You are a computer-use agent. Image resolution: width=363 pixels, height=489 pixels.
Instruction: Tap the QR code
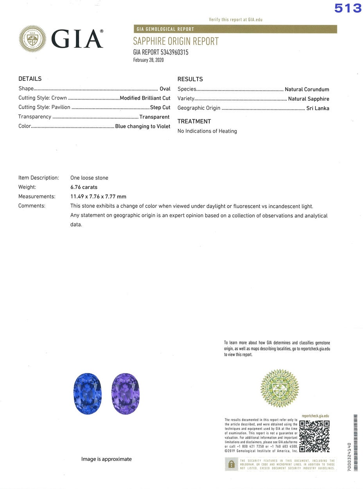[x=314, y=435]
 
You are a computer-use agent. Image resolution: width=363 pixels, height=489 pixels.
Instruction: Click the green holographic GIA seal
[x=279, y=388]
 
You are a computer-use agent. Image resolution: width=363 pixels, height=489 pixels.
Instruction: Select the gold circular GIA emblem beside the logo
[x=32, y=39]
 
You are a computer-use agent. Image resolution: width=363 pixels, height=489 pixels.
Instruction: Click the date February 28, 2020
[x=148, y=60]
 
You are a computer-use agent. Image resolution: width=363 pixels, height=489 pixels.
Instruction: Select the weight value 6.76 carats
[x=84, y=187]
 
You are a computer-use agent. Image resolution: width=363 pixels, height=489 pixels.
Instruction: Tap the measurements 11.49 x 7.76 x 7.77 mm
[x=98, y=196]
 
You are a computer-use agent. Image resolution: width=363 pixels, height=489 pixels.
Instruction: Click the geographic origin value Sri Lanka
[x=318, y=108]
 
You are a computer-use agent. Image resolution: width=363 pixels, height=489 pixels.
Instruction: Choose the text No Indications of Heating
[x=207, y=131]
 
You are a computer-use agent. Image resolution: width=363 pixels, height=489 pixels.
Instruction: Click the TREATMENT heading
[x=194, y=121]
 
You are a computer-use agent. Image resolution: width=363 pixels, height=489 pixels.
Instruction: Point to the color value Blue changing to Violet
[x=143, y=126]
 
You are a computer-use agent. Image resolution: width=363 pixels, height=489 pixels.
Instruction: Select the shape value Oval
[x=165, y=89]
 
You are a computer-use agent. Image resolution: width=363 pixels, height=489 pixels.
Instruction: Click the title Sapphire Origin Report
[x=176, y=41]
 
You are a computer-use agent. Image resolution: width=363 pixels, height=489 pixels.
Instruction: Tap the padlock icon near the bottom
[x=231, y=464]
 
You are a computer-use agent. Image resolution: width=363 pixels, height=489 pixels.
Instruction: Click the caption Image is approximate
[x=106, y=459]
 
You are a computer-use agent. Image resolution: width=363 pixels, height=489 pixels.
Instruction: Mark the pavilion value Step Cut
[x=160, y=107]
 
